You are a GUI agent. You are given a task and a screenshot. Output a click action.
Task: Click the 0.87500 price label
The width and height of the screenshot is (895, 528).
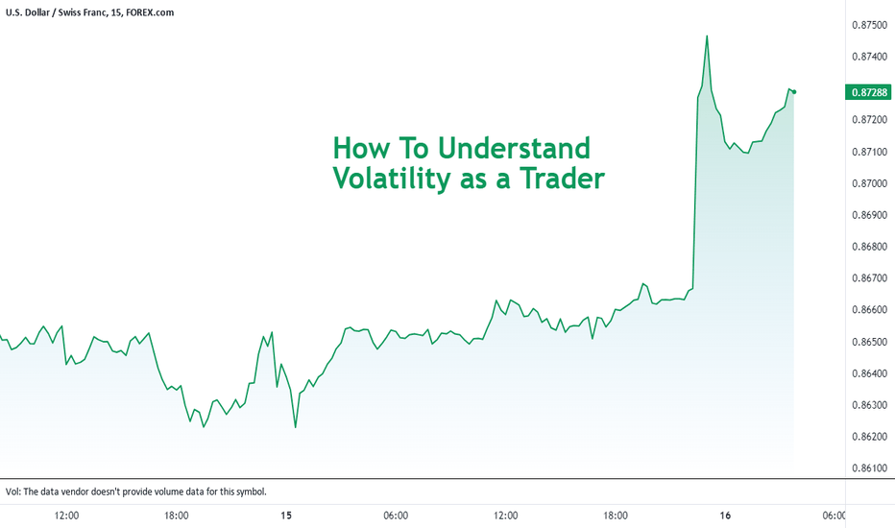click(870, 25)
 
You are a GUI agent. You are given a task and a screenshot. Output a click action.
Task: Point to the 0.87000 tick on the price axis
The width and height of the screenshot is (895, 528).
click(870, 183)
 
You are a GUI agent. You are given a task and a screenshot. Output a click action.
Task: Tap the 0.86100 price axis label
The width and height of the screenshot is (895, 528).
click(870, 468)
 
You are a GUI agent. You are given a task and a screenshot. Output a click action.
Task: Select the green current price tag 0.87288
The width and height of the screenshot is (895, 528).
click(868, 92)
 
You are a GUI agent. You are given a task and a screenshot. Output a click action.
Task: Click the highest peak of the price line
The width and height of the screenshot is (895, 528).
click(707, 36)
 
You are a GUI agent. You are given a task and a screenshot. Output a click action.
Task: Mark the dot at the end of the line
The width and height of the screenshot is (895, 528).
click(794, 92)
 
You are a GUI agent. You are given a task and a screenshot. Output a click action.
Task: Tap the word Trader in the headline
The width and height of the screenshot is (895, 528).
click(562, 179)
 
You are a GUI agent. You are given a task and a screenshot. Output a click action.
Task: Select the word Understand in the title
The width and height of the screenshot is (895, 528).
click(514, 149)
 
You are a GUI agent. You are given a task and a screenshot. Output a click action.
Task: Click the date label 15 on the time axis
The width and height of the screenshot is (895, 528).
click(286, 516)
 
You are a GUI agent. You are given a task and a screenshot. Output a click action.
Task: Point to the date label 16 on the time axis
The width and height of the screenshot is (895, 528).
click(725, 516)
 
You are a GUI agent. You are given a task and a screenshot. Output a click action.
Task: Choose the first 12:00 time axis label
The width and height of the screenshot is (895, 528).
click(67, 516)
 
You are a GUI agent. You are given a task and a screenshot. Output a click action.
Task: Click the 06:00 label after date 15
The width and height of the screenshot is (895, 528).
click(396, 516)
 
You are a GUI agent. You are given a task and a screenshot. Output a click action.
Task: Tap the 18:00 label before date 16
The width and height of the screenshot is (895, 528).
click(616, 516)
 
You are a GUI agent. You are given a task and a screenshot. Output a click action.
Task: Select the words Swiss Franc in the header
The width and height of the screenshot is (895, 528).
click(82, 12)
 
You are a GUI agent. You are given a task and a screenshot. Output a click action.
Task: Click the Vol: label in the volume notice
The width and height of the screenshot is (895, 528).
click(13, 492)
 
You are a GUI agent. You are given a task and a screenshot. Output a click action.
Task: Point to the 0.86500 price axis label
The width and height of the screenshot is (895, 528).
click(870, 342)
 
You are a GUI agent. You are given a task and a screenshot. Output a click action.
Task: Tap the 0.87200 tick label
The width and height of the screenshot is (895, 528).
click(870, 120)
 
